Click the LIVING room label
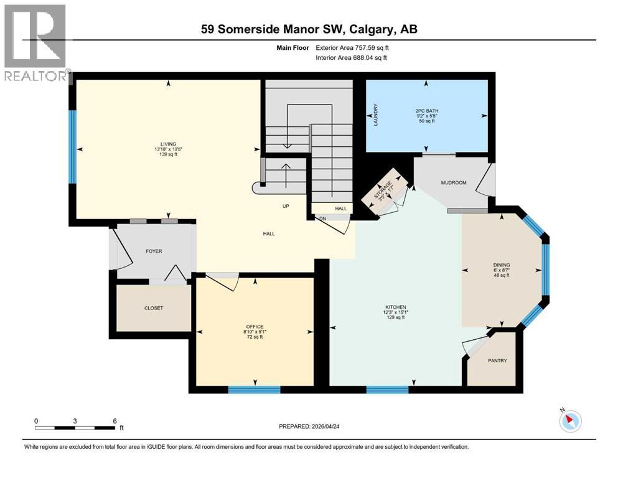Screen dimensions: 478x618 pos(165,144)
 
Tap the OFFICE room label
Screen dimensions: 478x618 pos(254,327)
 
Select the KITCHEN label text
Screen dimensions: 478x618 pos(395,307)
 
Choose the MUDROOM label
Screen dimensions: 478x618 pos(453,183)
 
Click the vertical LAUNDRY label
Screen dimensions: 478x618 pos(376,115)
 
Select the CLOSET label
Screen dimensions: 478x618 pos(154,307)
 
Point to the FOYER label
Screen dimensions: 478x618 pos(153,251)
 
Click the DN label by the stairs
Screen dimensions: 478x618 pos(322,218)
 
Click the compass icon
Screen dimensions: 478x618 pos(569,421)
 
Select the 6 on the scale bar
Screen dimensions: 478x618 pos(115,421)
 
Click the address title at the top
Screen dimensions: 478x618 pos(309,30)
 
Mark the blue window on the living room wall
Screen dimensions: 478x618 pos(72,147)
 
